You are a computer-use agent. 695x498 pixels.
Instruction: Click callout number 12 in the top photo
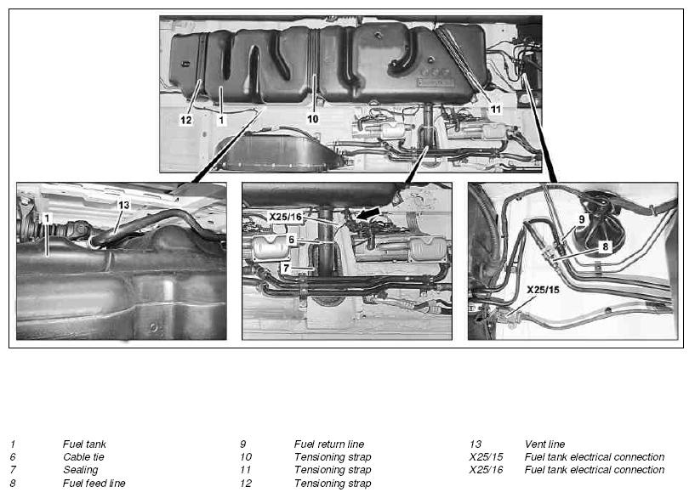(x=186, y=120)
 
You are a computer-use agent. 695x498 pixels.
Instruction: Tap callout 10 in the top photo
(x=313, y=119)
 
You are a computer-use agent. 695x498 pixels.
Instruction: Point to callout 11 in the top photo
(x=496, y=109)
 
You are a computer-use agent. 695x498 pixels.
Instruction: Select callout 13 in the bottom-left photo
(x=123, y=205)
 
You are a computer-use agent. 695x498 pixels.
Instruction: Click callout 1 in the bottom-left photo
(x=47, y=218)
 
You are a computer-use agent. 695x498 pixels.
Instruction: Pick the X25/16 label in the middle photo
(x=286, y=217)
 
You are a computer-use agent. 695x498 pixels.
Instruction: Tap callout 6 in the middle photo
(x=291, y=240)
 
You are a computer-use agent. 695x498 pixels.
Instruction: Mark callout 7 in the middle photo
(x=287, y=268)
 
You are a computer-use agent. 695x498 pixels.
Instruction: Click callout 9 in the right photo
(x=582, y=219)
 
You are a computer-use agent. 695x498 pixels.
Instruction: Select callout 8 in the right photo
(x=606, y=246)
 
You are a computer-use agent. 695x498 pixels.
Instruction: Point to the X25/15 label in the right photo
(x=543, y=290)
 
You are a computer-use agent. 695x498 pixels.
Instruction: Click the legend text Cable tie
(x=83, y=457)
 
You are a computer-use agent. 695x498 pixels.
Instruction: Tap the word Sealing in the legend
(x=81, y=470)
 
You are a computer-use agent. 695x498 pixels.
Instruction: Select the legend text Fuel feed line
(x=94, y=483)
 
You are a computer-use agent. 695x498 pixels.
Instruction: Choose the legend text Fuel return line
(x=329, y=444)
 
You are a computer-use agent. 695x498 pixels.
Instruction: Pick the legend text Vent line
(x=544, y=444)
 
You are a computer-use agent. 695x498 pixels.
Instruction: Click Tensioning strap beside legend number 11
(x=333, y=470)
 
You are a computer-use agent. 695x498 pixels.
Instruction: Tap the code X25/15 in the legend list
(x=487, y=457)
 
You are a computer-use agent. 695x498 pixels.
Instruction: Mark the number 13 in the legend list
(x=476, y=444)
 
